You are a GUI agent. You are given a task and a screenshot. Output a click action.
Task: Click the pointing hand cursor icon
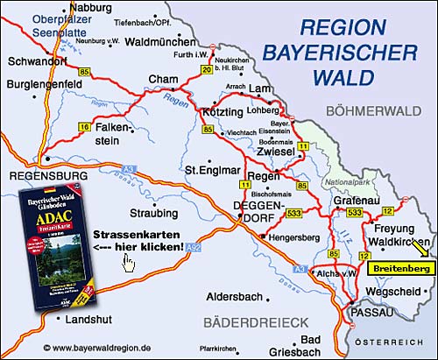[129, 261]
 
